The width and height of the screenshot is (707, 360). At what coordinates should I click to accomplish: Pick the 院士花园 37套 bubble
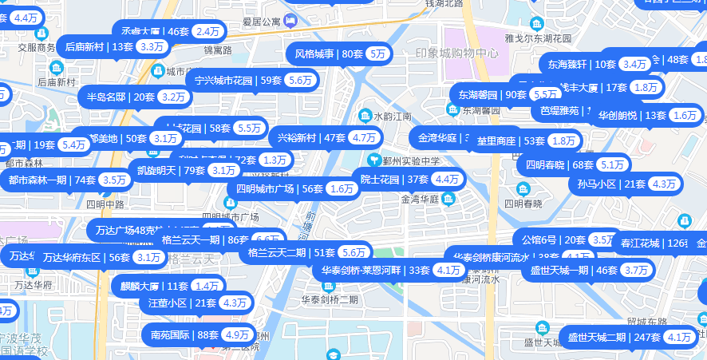click(391, 179)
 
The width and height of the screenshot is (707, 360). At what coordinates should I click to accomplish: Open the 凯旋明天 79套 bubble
click(171, 170)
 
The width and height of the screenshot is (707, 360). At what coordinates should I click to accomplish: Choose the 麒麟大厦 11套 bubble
click(152, 286)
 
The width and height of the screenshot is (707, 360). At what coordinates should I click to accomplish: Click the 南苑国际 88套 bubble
click(184, 334)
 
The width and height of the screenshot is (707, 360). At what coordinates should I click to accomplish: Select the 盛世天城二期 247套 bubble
click(614, 338)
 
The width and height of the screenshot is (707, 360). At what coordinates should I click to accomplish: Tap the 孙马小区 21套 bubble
click(610, 184)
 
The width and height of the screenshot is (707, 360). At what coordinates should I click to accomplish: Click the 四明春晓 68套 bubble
click(559, 165)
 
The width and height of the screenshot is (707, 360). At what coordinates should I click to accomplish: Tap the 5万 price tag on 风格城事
click(378, 54)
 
